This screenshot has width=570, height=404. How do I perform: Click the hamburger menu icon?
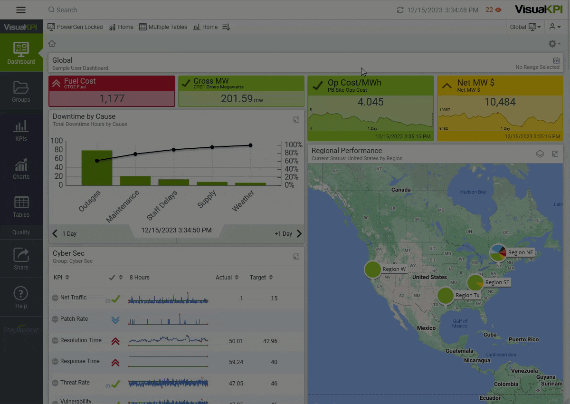21,10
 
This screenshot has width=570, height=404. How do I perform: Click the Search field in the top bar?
142,10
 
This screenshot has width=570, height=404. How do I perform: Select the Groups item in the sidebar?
21,92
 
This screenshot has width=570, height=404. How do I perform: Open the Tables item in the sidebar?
21,207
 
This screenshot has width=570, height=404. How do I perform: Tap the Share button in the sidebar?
21,260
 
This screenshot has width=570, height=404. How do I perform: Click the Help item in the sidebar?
21,298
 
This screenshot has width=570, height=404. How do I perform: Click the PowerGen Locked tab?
76,27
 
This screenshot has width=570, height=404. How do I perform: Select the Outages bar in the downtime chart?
97,168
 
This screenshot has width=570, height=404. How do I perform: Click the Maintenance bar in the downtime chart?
135,181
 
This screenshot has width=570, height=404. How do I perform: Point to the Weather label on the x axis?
243,201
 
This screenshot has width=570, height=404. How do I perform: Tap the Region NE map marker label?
521,252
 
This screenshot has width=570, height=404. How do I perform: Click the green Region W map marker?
373,269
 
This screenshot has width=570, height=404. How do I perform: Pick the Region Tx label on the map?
467,295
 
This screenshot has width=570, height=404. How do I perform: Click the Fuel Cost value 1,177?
112,99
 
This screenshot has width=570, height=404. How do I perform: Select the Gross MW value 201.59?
237,99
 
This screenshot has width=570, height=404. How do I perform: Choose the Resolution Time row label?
81,340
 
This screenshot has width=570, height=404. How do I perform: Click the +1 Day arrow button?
299,233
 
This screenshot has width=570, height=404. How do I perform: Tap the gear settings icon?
552,44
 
